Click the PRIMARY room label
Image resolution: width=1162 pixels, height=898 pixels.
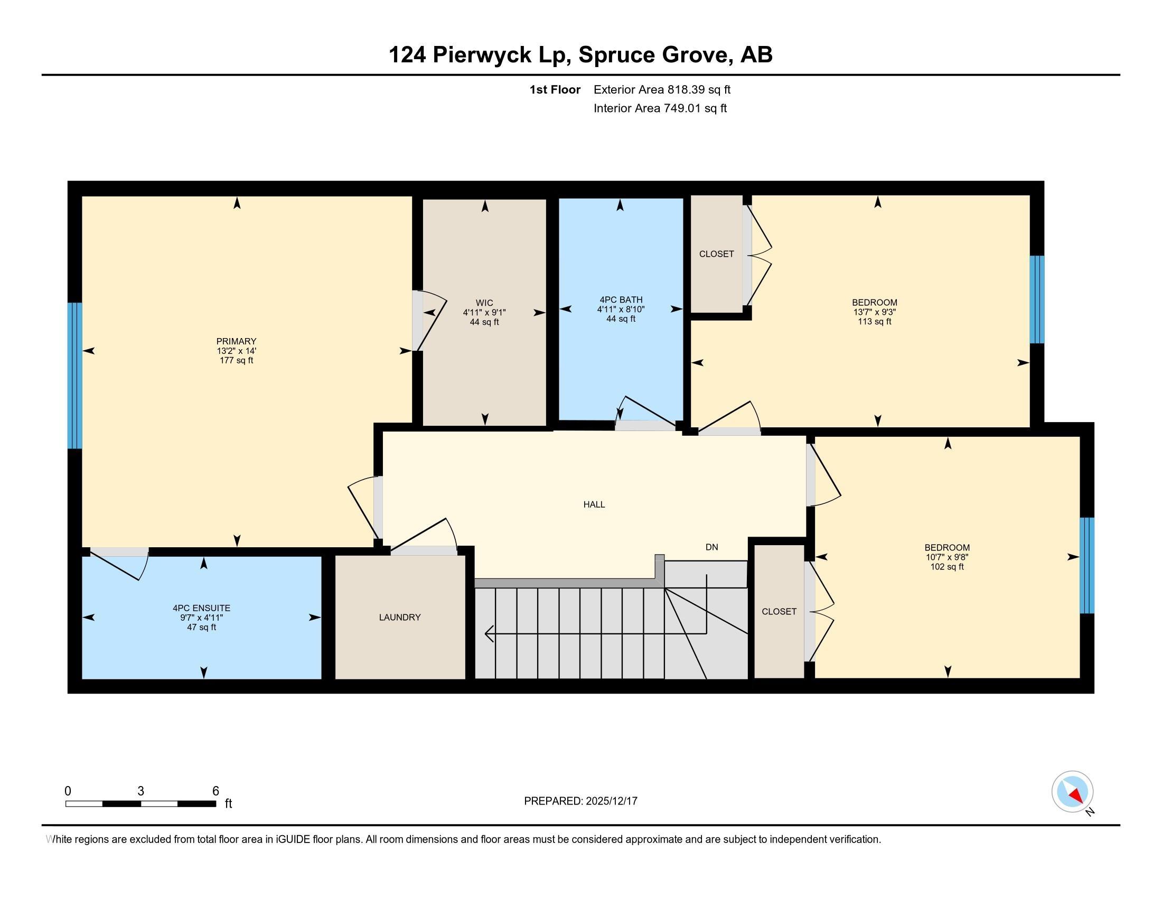(236, 341)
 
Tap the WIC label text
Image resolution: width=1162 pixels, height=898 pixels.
(484, 303)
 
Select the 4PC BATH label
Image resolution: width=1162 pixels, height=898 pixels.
(621, 300)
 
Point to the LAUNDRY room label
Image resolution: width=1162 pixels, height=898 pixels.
(400, 617)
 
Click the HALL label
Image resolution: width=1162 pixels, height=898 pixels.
(594, 504)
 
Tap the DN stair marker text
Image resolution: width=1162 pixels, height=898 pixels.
(711, 547)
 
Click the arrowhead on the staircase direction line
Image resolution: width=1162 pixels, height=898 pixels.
(489, 633)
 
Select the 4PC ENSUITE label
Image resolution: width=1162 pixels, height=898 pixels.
(201, 607)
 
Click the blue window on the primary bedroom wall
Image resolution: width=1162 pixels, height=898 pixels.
(75, 376)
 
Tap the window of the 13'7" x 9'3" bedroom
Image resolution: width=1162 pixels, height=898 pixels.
(1036, 300)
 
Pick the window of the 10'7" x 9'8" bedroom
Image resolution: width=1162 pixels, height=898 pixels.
(1086, 566)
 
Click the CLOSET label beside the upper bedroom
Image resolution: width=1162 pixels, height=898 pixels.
(716, 254)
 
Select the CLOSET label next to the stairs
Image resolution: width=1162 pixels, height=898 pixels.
(779, 611)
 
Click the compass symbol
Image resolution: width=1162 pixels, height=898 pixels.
(1072, 792)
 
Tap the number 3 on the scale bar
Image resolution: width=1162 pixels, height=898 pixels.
(140, 791)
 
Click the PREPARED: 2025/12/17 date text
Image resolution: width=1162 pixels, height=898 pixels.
(580, 801)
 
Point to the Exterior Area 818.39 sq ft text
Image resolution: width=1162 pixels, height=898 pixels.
(662, 89)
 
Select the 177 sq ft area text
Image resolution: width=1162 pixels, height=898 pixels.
(236, 360)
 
